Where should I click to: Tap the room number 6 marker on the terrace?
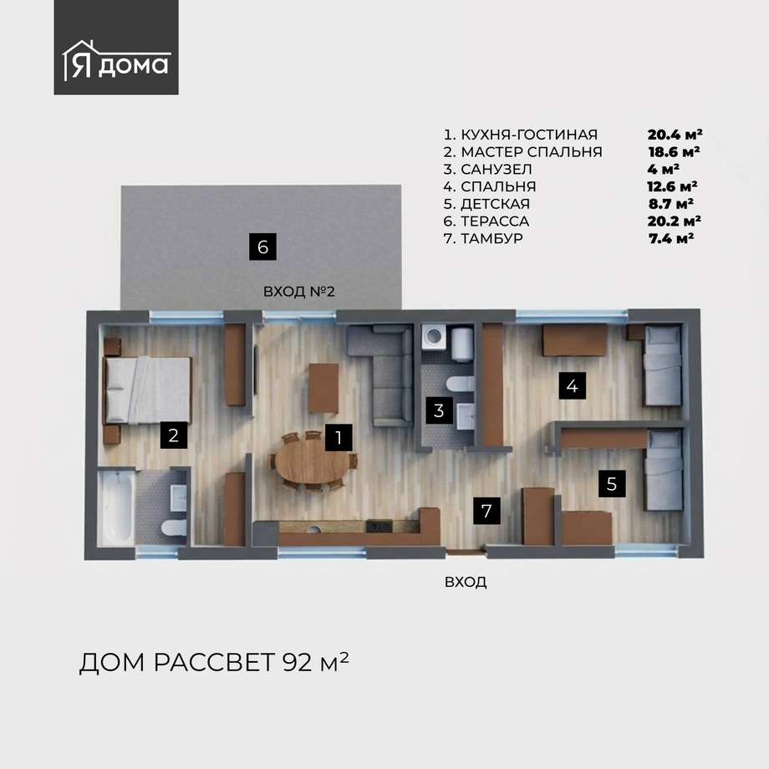[x=262, y=247]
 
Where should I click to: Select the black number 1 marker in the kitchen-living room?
[x=339, y=437]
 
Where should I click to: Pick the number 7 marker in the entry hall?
[x=486, y=511]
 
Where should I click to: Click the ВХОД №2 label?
[x=299, y=292]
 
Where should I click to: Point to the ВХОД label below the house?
[x=466, y=582]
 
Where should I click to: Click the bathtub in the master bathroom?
[x=117, y=507]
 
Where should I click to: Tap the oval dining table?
[x=312, y=461]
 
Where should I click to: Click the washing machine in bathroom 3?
[x=435, y=336]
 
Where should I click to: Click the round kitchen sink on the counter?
[x=314, y=528]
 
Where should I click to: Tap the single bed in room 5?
[x=663, y=470]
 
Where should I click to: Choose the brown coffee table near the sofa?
[x=323, y=388]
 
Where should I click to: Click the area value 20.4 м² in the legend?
[x=675, y=135]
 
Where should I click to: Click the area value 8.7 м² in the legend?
[x=671, y=203]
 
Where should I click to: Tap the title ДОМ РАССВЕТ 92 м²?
[x=214, y=663]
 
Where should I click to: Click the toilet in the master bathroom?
[x=174, y=527]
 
